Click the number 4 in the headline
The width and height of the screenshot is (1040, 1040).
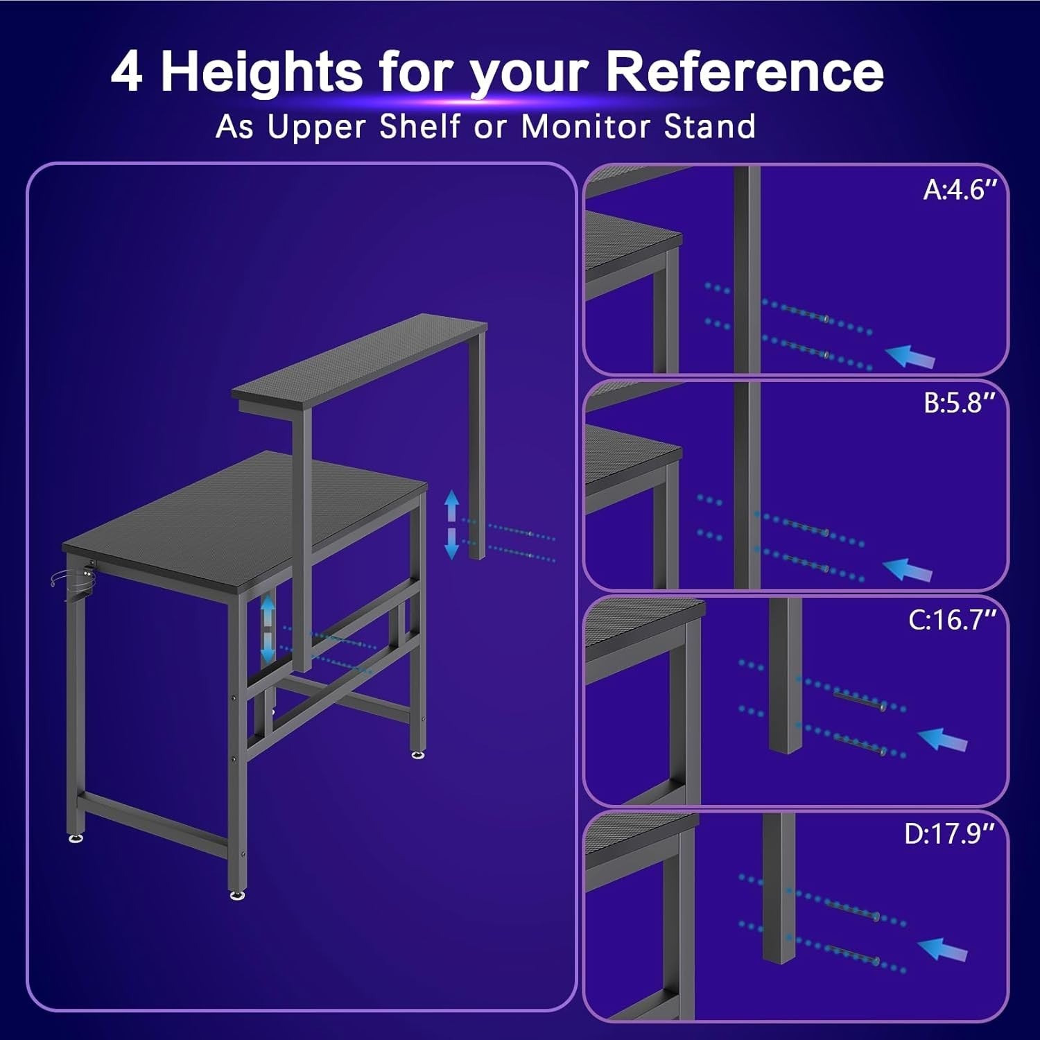128,72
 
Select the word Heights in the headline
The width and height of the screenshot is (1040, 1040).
261,72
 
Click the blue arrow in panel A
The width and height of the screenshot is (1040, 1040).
911,356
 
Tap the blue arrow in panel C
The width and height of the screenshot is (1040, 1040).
942,739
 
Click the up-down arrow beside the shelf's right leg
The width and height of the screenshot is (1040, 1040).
451,525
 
